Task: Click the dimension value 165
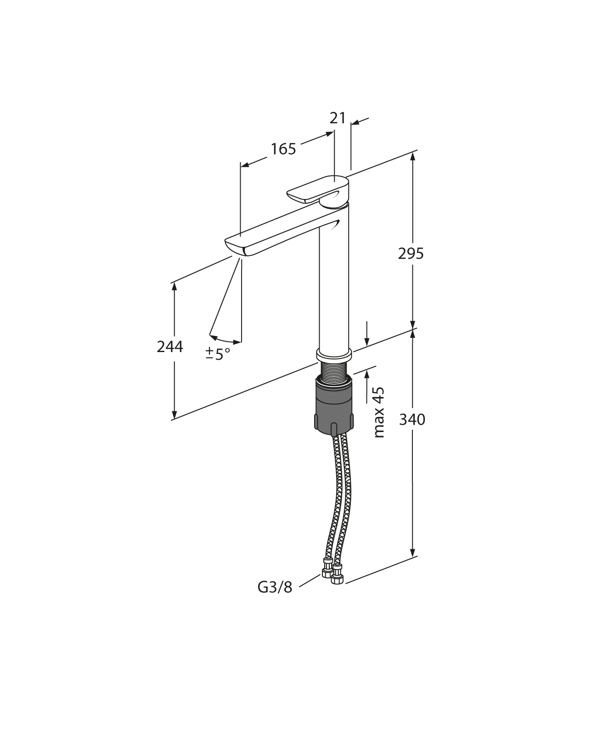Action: tap(283, 149)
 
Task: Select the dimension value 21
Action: tap(338, 118)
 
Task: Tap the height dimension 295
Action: tap(411, 253)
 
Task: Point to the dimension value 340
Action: tap(412, 419)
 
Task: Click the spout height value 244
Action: tap(170, 347)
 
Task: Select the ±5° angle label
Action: tap(218, 354)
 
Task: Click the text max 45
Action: tap(379, 412)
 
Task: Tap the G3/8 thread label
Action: tap(275, 587)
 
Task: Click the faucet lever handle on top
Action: tap(317, 189)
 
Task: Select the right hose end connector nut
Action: tap(338, 574)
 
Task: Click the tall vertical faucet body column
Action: tap(334, 285)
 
